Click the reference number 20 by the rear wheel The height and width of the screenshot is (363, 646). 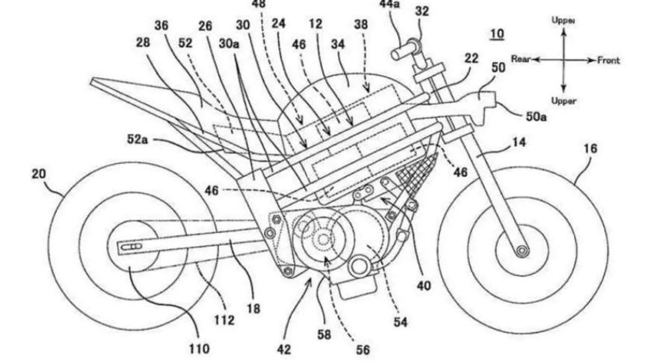(x=39, y=174)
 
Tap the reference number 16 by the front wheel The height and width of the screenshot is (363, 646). (x=590, y=148)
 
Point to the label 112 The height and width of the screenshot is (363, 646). (x=224, y=320)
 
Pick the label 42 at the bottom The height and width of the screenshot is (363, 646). (x=284, y=349)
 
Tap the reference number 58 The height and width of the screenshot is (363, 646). (x=324, y=334)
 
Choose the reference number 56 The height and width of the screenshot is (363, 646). (x=363, y=350)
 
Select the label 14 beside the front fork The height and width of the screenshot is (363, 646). (x=519, y=142)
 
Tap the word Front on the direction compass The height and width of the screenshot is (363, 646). (x=608, y=60)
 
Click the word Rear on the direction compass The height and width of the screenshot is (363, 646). (x=521, y=59)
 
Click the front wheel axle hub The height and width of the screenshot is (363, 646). (x=522, y=251)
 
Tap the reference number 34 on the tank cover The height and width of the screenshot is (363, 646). (x=338, y=44)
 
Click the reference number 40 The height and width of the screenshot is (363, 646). (x=424, y=286)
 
